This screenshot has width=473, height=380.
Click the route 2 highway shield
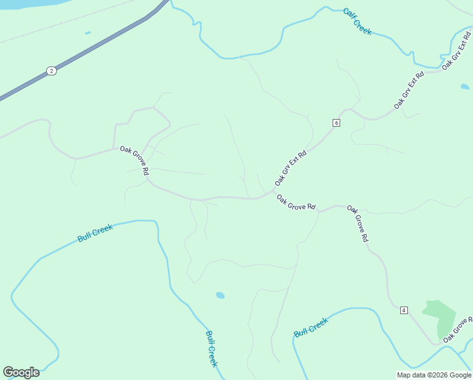(x=51, y=70)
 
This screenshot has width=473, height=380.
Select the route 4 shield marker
(x=404, y=310)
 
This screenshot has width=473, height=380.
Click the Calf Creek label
(x=357, y=21)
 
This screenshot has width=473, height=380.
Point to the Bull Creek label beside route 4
(x=311, y=327)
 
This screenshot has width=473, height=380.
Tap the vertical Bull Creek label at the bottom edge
(x=211, y=348)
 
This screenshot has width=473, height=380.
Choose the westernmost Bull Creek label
(x=95, y=232)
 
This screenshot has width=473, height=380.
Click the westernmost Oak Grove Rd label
(x=135, y=161)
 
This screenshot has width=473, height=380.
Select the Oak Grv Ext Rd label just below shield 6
(x=290, y=167)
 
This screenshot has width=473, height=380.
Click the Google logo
(x=21, y=372)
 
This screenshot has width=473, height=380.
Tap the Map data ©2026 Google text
(x=434, y=375)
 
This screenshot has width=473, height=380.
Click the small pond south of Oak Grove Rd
(x=220, y=295)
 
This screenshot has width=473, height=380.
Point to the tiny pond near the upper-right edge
(x=465, y=87)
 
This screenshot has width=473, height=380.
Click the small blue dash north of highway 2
(x=87, y=33)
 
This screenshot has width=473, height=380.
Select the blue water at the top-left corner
(x=16, y=4)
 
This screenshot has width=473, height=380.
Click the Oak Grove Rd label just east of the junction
(x=296, y=202)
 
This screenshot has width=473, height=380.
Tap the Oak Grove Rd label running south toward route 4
(x=357, y=224)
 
